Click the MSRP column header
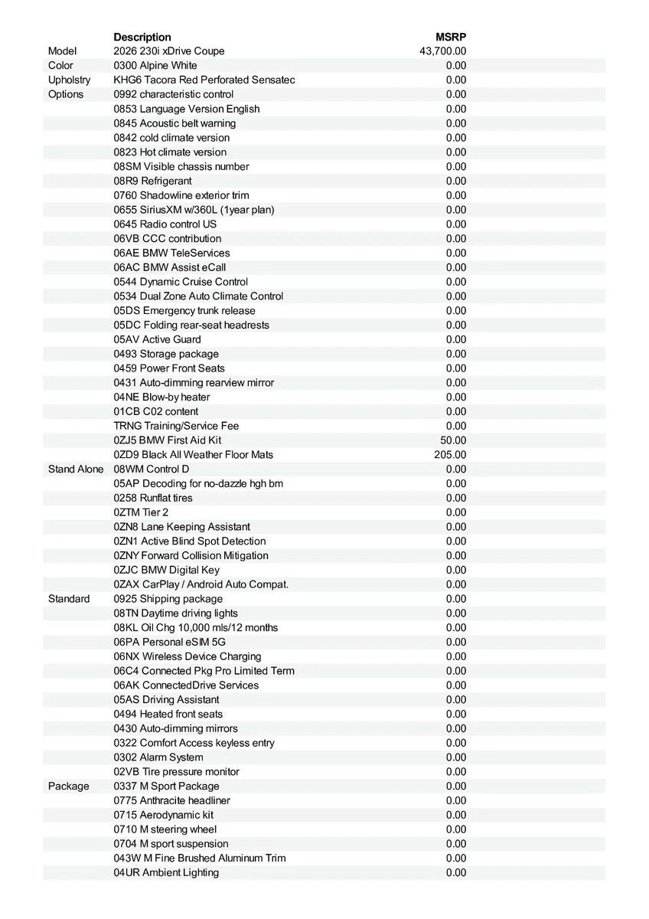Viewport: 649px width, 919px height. pyautogui.click(x=450, y=37)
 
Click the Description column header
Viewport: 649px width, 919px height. pyautogui.click(x=142, y=37)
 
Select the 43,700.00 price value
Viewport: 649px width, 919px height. pyautogui.click(x=442, y=51)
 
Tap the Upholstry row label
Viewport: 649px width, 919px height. pyautogui.click(x=69, y=80)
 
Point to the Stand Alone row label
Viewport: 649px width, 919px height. pyautogui.click(x=75, y=469)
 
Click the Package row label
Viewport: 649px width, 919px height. pyautogui.click(x=68, y=786)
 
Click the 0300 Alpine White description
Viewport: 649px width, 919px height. pyautogui.click(x=155, y=66)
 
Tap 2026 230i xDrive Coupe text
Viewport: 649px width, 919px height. pyautogui.click(x=168, y=51)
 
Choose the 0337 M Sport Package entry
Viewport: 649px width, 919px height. pyautogui.click(x=166, y=786)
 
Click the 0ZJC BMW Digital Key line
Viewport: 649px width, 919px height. pyautogui.click(x=166, y=570)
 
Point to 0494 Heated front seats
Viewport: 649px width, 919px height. pyautogui.click(x=168, y=714)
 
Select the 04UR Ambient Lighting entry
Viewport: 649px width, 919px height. pyautogui.click(x=166, y=872)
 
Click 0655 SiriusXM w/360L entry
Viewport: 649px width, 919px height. pyautogui.click(x=194, y=210)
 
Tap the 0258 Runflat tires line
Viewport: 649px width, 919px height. pyautogui.click(x=153, y=498)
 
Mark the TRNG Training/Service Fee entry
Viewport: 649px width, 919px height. pyautogui.click(x=176, y=426)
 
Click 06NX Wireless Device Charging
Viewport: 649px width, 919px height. pyautogui.click(x=187, y=656)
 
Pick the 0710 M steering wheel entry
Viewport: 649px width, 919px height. pyautogui.click(x=165, y=829)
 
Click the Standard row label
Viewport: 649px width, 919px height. pyautogui.click(x=69, y=599)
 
